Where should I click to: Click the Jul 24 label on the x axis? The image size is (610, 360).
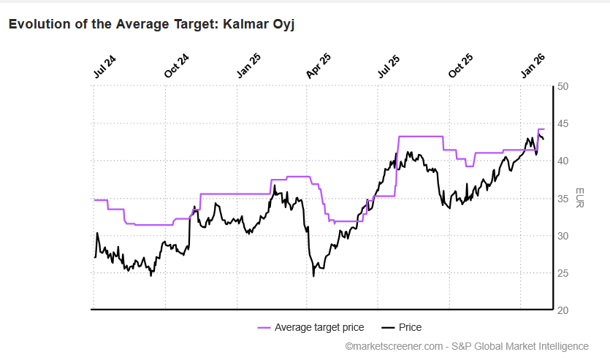pos(104,66)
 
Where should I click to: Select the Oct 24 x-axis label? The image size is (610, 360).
pos(176,66)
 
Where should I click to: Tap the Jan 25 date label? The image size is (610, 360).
pos(248,66)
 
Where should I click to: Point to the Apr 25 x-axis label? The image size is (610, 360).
pos(319,66)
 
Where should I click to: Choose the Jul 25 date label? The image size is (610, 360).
pos(389,66)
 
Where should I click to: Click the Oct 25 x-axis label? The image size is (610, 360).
pos(460,66)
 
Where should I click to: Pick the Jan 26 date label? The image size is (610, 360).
pos(532,66)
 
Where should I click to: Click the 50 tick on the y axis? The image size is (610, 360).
pos(563,86)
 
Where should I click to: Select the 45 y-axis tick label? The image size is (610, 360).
pos(563,123)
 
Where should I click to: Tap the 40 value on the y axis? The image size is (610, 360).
pos(563,161)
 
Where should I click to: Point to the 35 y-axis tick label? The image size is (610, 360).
pos(563,199)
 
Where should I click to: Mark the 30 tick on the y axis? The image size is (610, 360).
pos(563,236)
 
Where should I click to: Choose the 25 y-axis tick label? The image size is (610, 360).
pos(563,273)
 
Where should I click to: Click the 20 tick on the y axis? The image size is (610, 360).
pos(563,310)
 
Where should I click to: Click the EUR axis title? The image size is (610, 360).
pos(580,198)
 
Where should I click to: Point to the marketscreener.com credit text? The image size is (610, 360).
pos(394,346)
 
